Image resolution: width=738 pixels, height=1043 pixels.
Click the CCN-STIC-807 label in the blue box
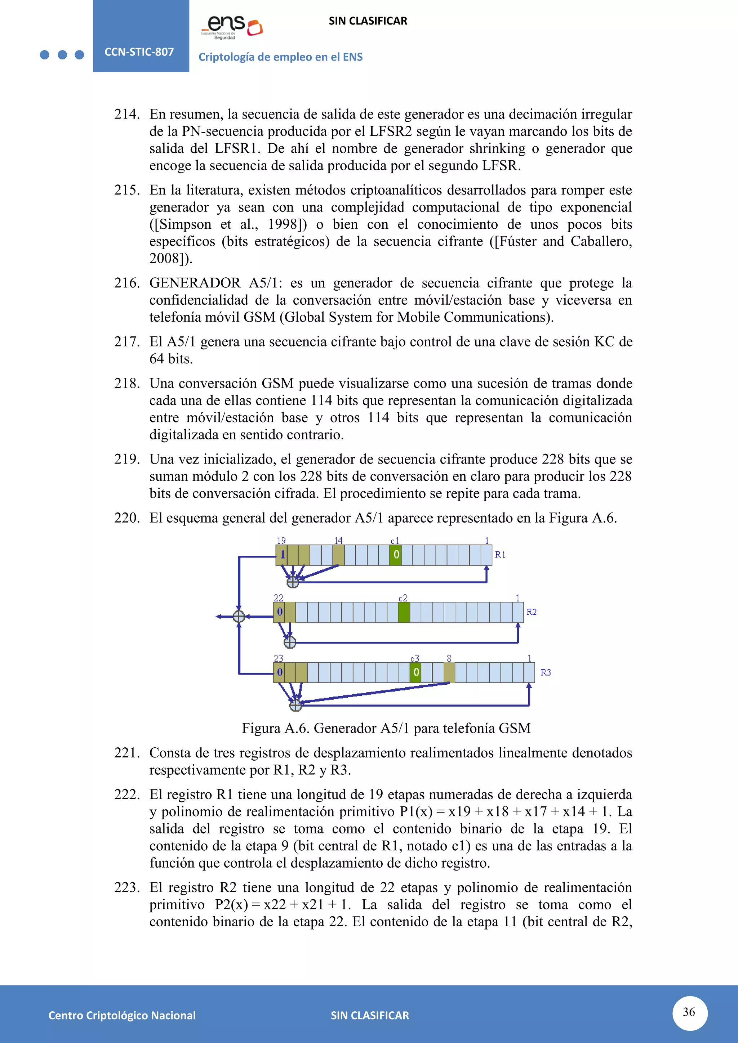point(139,52)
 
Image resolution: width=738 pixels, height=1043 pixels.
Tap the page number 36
point(689,1012)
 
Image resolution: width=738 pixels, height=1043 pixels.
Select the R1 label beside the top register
point(500,555)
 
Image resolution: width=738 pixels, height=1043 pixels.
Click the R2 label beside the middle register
point(531,612)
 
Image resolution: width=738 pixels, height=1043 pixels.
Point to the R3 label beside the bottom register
point(545,672)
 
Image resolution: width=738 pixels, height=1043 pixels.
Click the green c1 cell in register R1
point(395,555)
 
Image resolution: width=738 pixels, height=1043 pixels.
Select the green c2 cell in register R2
point(404,612)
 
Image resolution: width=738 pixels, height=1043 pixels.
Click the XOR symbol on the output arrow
point(239,617)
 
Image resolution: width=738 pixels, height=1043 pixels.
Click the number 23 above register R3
point(279,658)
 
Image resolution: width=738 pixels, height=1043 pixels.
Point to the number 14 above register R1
point(338,541)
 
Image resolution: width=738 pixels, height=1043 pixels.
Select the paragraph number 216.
point(127,283)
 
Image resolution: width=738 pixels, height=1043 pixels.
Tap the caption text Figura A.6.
point(386,728)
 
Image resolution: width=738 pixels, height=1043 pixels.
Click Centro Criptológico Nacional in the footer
point(122,1015)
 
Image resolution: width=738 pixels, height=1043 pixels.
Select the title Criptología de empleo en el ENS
point(280,57)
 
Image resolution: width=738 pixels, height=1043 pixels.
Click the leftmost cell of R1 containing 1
point(282,555)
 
